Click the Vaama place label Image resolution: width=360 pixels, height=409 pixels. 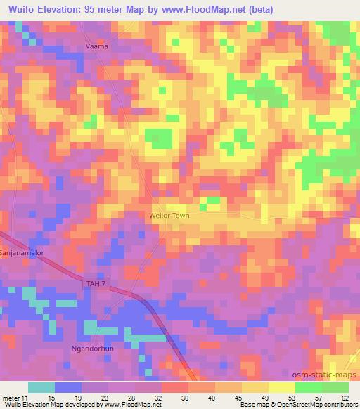point(96,46)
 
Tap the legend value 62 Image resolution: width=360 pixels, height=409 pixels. point(345,397)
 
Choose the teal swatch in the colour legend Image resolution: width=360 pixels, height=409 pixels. point(41,387)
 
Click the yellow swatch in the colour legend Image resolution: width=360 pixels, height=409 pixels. point(281,387)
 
